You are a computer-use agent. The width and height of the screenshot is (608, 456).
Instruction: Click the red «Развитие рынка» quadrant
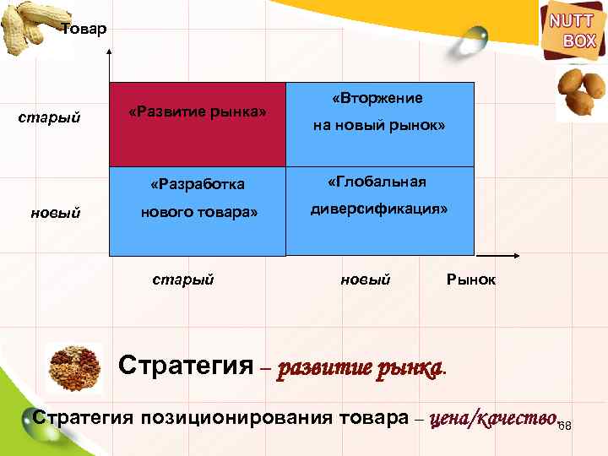point(198,125)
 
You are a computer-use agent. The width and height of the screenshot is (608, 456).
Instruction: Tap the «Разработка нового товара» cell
point(198,211)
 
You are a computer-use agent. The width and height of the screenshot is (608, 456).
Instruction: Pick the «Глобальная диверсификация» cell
point(380,211)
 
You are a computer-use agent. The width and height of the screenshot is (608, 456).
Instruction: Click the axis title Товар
point(84,30)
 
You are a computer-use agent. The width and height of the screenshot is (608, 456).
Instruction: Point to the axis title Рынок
point(471,280)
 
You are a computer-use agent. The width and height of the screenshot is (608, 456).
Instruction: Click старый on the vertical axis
point(49,117)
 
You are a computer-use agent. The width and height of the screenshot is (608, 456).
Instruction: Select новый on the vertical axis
point(56,213)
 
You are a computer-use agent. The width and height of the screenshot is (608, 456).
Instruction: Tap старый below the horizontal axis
point(183,279)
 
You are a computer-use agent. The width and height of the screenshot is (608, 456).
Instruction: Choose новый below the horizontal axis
point(365,279)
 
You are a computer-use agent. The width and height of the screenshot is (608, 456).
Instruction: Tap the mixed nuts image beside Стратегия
point(74,366)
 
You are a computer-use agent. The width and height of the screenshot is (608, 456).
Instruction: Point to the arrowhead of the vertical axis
point(110,53)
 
